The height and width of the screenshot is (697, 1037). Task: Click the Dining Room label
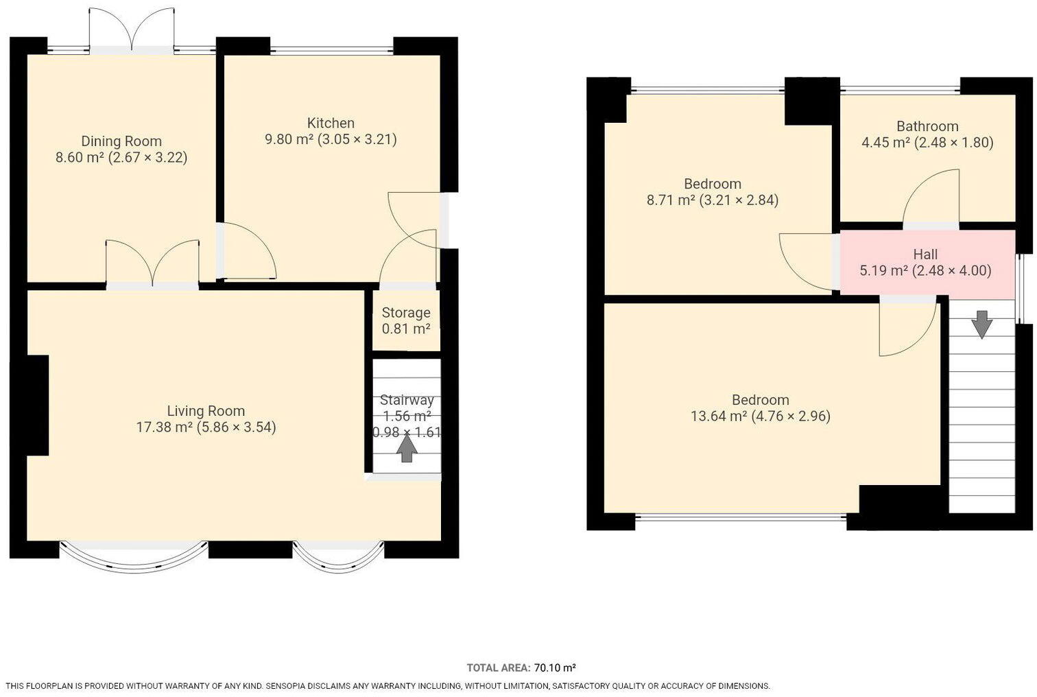pyautogui.click(x=121, y=141)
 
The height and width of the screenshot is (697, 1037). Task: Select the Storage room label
pyautogui.click(x=406, y=313)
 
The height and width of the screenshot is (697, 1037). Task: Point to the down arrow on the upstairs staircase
pyautogui.click(x=981, y=324)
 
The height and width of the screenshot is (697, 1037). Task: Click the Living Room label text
pyautogui.click(x=206, y=411)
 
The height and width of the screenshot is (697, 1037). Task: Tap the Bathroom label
pyautogui.click(x=927, y=126)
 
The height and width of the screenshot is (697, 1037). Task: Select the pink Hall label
pyautogui.click(x=925, y=255)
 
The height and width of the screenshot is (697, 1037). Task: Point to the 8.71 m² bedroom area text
pyautogui.click(x=671, y=200)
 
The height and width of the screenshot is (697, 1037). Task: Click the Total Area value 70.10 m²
pyautogui.click(x=555, y=668)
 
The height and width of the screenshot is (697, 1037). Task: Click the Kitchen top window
pyautogui.click(x=332, y=49)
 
